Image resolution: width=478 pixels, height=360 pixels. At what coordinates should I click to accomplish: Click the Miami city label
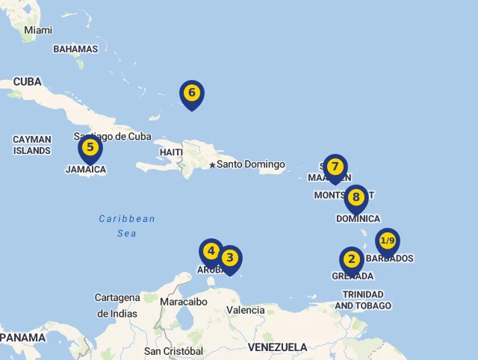(38, 30)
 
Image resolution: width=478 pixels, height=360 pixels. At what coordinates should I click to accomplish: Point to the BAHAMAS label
(75, 49)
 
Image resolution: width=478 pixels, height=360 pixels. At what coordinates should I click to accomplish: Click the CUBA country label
(28, 82)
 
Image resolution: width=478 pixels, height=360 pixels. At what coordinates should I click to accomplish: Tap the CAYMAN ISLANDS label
(32, 145)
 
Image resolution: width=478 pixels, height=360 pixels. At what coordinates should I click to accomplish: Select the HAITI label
(171, 152)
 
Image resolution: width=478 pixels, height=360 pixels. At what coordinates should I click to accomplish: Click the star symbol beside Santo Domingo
(212, 165)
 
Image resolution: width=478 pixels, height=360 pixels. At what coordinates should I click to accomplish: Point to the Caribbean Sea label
(127, 226)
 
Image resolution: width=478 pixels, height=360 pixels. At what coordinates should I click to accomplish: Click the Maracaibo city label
(184, 302)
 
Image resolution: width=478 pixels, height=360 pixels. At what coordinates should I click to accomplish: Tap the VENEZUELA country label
(278, 347)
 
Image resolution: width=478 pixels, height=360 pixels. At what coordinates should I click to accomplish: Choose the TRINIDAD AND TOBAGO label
(363, 300)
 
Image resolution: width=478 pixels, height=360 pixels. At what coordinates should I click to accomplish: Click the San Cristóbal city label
(174, 351)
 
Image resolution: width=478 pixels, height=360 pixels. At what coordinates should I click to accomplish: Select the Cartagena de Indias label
(117, 305)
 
